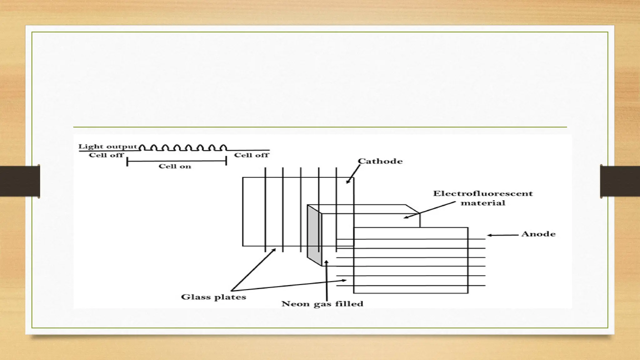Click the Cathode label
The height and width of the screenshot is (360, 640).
coord(380,161)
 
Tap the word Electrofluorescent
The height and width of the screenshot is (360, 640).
coord(483,193)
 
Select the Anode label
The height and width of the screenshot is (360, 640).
coord(538,234)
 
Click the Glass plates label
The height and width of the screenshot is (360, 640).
coord(213,297)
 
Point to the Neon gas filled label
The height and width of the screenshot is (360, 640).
coord(322,304)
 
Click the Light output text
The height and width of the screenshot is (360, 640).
coord(107,146)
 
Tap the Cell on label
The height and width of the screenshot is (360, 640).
coord(175,166)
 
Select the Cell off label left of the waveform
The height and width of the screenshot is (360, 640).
coord(106,155)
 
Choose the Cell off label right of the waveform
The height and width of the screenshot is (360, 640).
coord(252,155)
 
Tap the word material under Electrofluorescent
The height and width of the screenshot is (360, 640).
coord(483,203)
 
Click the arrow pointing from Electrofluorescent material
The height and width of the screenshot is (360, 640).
coord(430,210)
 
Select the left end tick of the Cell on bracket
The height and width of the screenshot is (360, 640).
coord(127,162)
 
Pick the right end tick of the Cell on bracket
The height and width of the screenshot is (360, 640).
coord(226,161)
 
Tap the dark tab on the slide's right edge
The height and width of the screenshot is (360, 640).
coord(620,181)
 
